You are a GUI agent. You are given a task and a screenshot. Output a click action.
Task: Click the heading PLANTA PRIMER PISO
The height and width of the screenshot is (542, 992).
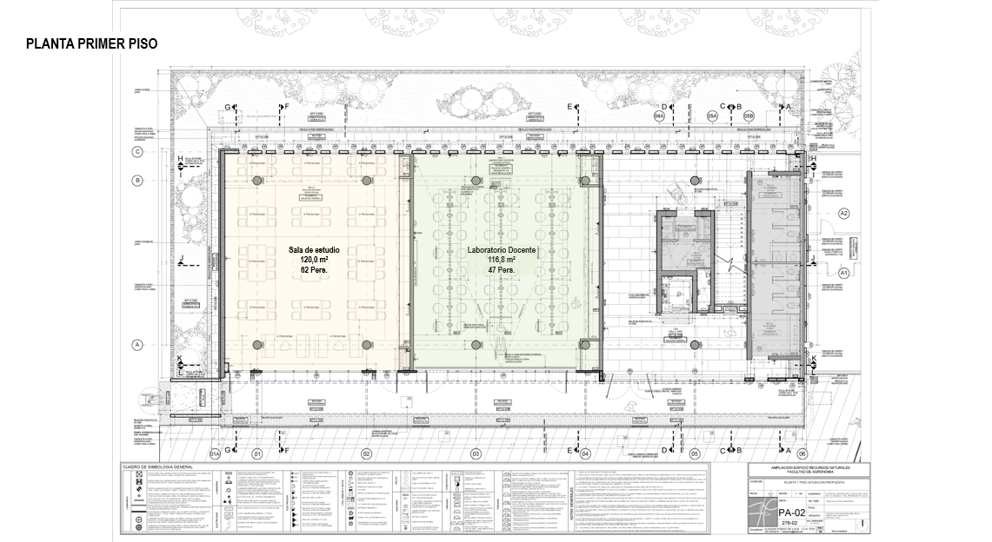pyautogui.click(x=91, y=44)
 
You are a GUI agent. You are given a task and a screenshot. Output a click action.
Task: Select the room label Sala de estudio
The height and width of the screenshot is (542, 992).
pyautogui.click(x=314, y=250)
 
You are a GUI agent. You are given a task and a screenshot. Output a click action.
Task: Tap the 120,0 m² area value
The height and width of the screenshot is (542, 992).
pyautogui.click(x=314, y=260)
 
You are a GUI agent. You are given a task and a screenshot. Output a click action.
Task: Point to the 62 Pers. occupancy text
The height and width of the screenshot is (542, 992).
pyautogui.click(x=314, y=270)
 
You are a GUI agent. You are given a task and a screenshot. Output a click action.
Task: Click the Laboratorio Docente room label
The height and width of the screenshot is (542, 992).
pyautogui.click(x=502, y=250)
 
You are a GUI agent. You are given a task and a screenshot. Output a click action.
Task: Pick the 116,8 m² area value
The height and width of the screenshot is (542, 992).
pyautogui.click(x=502, y=260)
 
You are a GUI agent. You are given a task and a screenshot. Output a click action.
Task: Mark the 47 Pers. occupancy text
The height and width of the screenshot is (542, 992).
pyautogui.click(x=502, y=270)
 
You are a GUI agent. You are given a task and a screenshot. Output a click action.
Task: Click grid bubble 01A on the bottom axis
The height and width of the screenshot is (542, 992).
pyautogui.click(x=215, y=453)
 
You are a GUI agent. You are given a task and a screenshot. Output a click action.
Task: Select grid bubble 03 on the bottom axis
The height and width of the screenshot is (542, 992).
pyautogui.click(x=476, y=453)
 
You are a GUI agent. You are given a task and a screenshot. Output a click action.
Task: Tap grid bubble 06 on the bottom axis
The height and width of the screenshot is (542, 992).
pyautogui.click(x=802, y=453)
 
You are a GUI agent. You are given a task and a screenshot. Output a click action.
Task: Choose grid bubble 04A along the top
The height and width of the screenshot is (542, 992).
pyautogui.click(x=659, y=115)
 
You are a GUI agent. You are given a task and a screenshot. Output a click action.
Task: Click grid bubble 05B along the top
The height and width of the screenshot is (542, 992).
pyautogui.click(x=748, y=115)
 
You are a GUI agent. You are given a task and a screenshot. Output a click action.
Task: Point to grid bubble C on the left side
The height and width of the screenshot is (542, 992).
pyautogui.click(x=136, y=151)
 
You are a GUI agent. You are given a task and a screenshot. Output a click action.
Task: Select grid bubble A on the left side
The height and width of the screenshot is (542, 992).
pyautogui.click(x=136, y=345)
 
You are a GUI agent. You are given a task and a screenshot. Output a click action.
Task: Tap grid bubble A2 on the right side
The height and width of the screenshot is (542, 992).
pyautogui.click(x=842, y=213)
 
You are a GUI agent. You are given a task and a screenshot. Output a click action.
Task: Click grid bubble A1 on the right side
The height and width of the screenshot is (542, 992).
pyautogui.click(x=842, y=273)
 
